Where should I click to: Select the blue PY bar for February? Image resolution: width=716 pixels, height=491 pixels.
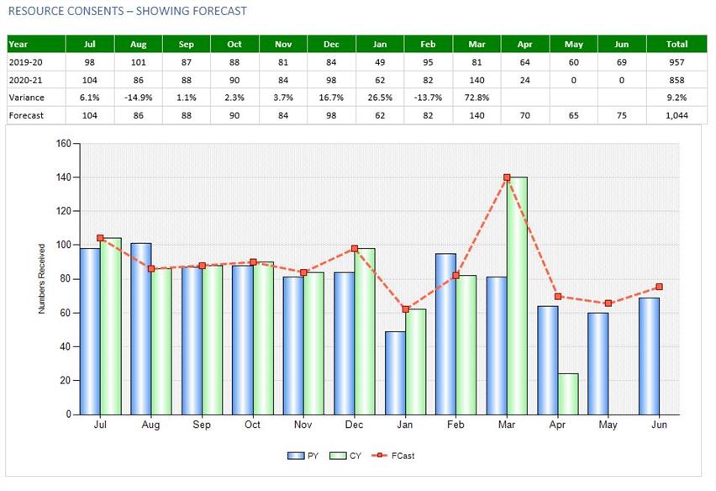tap(446, 333)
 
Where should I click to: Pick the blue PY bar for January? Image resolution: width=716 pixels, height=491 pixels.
tap(395, 372)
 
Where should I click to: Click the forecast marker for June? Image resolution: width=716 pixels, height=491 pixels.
tap(659, 287)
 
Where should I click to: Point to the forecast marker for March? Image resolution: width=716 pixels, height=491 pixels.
tap(508, 177)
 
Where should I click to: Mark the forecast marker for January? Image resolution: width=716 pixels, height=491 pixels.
tap(405, 309)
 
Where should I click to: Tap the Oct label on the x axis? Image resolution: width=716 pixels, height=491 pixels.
tap(252, 425)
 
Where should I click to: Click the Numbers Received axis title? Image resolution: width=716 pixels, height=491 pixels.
tap(42, 279)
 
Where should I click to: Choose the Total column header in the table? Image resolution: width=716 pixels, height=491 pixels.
tap(677, 45)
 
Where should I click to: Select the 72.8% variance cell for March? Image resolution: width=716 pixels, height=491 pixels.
tap(476, 98)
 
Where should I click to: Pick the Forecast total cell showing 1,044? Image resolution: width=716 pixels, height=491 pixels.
tap(677, 115)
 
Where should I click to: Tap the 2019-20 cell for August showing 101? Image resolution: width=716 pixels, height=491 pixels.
tap(139, 62)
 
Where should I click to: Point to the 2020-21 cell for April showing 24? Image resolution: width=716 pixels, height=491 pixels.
tap(525, 80)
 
